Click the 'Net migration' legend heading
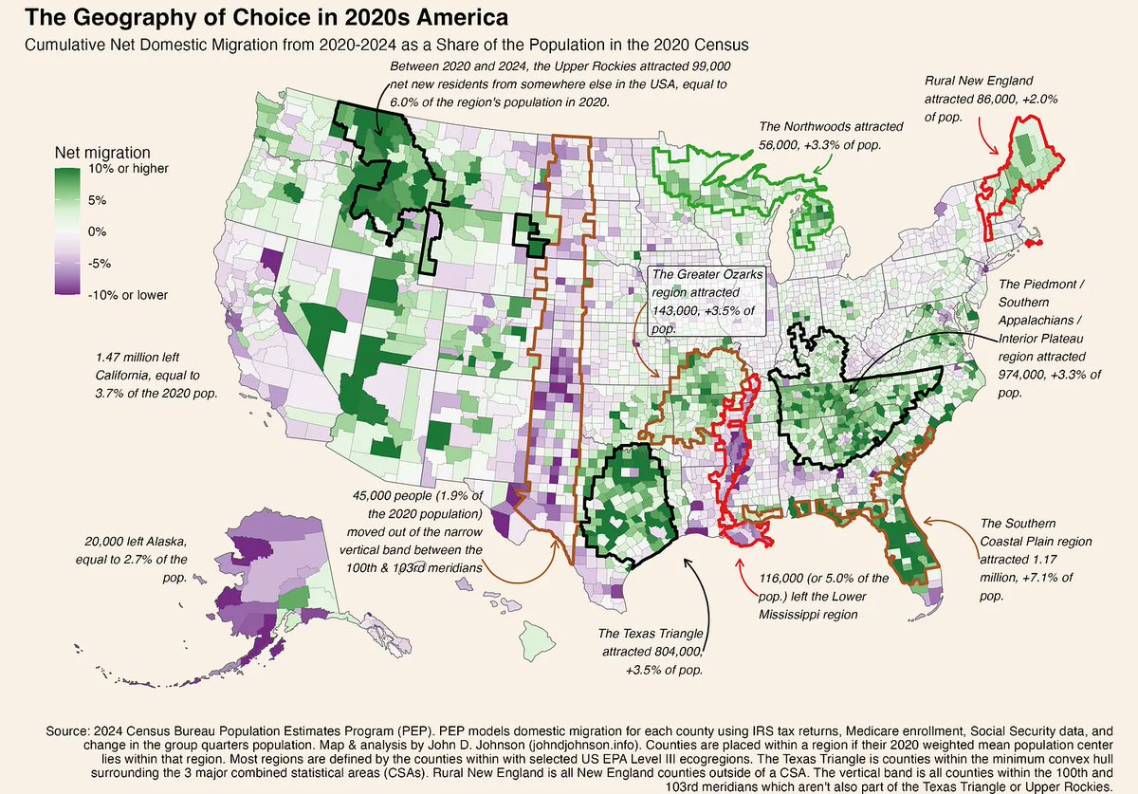click(102, 153)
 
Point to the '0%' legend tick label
click(98, 232)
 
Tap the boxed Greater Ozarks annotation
click(704, 301)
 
